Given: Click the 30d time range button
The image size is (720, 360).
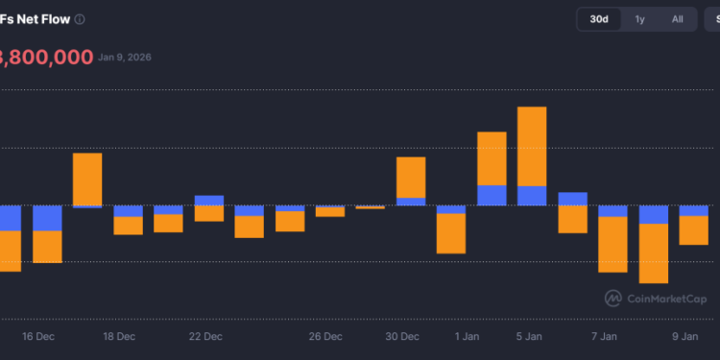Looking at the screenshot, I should click(599, 19).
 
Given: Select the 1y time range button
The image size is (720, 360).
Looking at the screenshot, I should click(639, 19).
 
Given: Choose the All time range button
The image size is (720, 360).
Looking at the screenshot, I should click(677, 19).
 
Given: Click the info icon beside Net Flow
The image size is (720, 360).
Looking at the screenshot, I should click(80, 19).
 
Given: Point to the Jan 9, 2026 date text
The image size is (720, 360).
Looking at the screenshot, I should click(124, 57).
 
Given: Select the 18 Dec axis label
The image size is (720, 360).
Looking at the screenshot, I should click(119, 337).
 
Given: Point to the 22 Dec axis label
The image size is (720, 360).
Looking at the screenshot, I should click(205, 337).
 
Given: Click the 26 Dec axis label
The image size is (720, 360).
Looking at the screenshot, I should click(325, 337).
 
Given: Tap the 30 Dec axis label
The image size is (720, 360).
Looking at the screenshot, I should click(402, 337).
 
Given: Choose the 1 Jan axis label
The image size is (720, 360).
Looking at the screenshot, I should click(468, 337).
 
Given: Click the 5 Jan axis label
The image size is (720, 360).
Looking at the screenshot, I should click(529, 337).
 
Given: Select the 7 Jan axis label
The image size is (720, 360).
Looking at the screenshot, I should click(604, 337).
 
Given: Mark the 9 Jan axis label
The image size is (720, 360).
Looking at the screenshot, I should click(684, 337).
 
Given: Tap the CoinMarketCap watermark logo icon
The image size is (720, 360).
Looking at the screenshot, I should click(612, 298).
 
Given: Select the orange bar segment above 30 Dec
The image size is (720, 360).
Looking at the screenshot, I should click(411, 177).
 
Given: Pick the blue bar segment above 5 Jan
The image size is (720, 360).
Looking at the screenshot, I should click(532, 195).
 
